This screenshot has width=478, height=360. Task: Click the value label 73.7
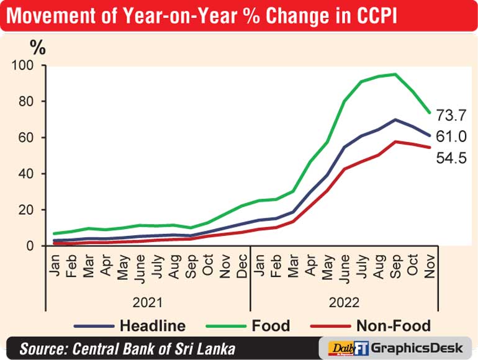[x=451, y=115]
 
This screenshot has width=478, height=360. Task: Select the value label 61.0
[x=451, y=137]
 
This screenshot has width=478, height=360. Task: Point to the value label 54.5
[x=451, y=158]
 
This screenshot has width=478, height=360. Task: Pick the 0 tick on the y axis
[x=30, y=246]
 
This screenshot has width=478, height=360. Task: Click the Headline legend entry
[x=130, y=326]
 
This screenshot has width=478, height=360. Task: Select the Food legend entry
[x=248, y=326]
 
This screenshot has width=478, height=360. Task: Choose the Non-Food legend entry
[x=371, y=326]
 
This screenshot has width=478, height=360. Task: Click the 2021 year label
[x=148, y=303]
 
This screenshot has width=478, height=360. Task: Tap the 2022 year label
[x=344, y=303]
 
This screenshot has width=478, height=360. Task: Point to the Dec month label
[x=242, y=266]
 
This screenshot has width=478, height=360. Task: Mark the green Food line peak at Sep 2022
[x=395, y=74]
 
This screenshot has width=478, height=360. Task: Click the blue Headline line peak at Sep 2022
[x=395, y=120]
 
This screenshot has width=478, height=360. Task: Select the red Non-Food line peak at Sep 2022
[x=395, y=142]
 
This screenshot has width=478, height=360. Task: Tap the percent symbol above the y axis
[x=38, y=48]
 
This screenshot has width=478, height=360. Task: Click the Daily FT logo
[x=348, y=348]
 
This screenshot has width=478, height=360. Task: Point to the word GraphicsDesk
[x=417, y=348]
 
